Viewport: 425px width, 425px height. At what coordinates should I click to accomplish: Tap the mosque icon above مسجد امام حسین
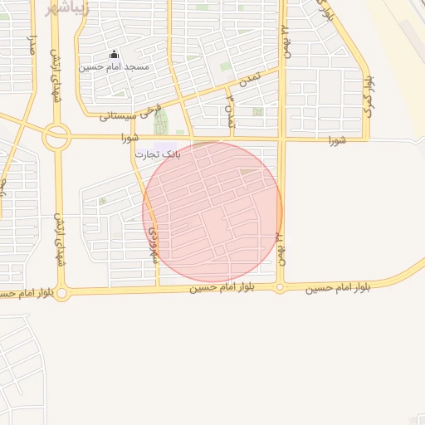tap(114, 55)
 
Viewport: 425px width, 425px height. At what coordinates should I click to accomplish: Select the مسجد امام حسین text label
tap(114, 66)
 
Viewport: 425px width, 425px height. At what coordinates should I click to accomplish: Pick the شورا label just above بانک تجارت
tap(129, 137)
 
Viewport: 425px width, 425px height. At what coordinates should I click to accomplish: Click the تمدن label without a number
tap(244, 81)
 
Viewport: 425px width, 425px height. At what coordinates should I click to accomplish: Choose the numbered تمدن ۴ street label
tap(232, 111)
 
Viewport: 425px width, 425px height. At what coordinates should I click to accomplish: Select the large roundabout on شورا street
tap(57, 137)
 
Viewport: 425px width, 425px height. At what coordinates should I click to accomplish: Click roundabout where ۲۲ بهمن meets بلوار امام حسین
tap(281, 288)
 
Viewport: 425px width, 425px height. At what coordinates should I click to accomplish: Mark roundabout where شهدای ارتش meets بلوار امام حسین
tap(61, 293)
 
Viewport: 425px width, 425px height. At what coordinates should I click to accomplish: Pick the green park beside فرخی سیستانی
tap(160, 121)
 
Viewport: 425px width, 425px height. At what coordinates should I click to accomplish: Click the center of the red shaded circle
tap(212, 212)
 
